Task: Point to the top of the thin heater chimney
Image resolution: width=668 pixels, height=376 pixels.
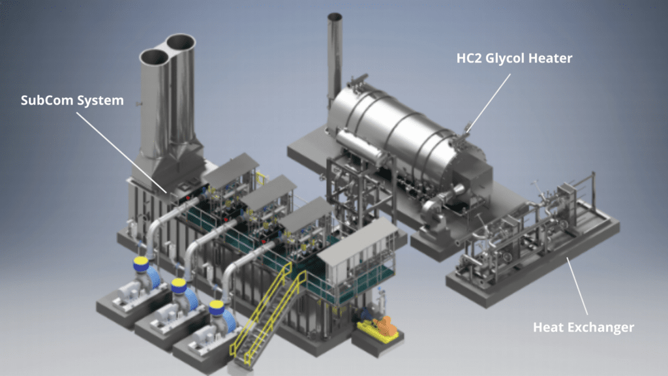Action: [x=335, y=17]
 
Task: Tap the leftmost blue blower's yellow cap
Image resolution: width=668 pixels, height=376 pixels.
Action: [x=140, y=264]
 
